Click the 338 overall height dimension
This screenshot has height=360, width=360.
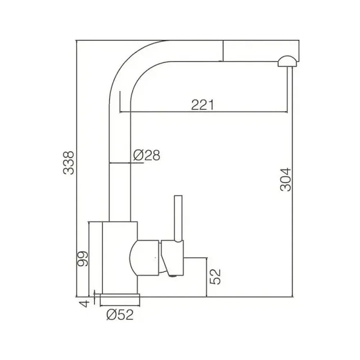[x=69, y=163]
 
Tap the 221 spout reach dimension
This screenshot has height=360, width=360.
[x=202, y=105]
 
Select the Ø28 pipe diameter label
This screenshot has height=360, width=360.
[x=147, y=155]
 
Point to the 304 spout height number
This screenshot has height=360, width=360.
[x=285, y=180]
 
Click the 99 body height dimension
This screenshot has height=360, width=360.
[x=82, y=259]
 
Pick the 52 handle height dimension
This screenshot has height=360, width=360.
[x=215, y=276]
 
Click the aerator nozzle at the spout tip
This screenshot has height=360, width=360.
[x=287, y=62]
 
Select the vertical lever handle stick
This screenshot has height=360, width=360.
[x=179, y=219]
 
